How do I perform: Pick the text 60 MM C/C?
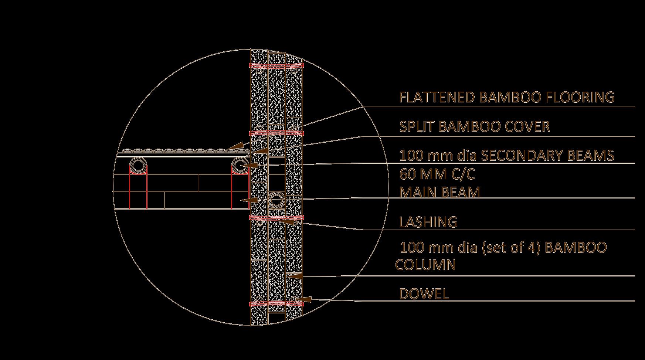(437, 174)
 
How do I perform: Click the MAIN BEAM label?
(439, 192)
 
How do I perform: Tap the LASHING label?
(428, 222)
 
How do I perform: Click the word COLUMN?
(425, 265)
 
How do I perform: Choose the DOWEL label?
(424, 294)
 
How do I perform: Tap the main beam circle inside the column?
(276, 201)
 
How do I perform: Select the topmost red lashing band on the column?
(276, 66)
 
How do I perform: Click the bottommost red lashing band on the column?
(276, 304)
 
